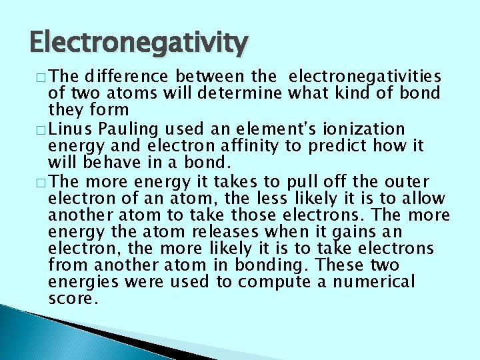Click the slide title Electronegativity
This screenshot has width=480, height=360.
click(x=137, y=44)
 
